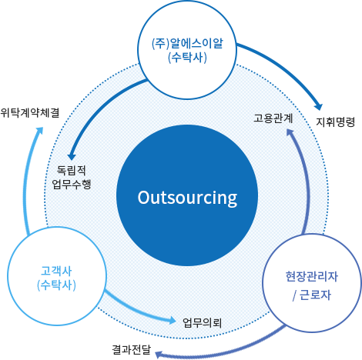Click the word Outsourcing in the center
coord(187,198)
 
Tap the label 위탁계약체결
coord(30,112)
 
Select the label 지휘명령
coord(335,122)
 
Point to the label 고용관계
coord(273,118)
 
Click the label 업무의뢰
coord(202,323)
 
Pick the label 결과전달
coord(132,350)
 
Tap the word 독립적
coord(71,170)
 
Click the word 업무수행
coord(72,184)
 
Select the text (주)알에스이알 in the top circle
coord(187,44)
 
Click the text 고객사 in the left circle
coord(56,271)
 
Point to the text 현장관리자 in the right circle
coord(312,276)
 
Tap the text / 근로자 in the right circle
coord(312,295)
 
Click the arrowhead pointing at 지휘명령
coord(319,107)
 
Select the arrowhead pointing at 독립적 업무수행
coord(71,156)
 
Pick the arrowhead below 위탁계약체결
coord(40,131)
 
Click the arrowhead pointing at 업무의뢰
coord(173,321)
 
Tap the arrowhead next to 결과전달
coord(159,355)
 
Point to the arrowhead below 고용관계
coord(290,132)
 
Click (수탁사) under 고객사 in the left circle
coord(56,285)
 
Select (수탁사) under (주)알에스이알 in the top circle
coord(187,58)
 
